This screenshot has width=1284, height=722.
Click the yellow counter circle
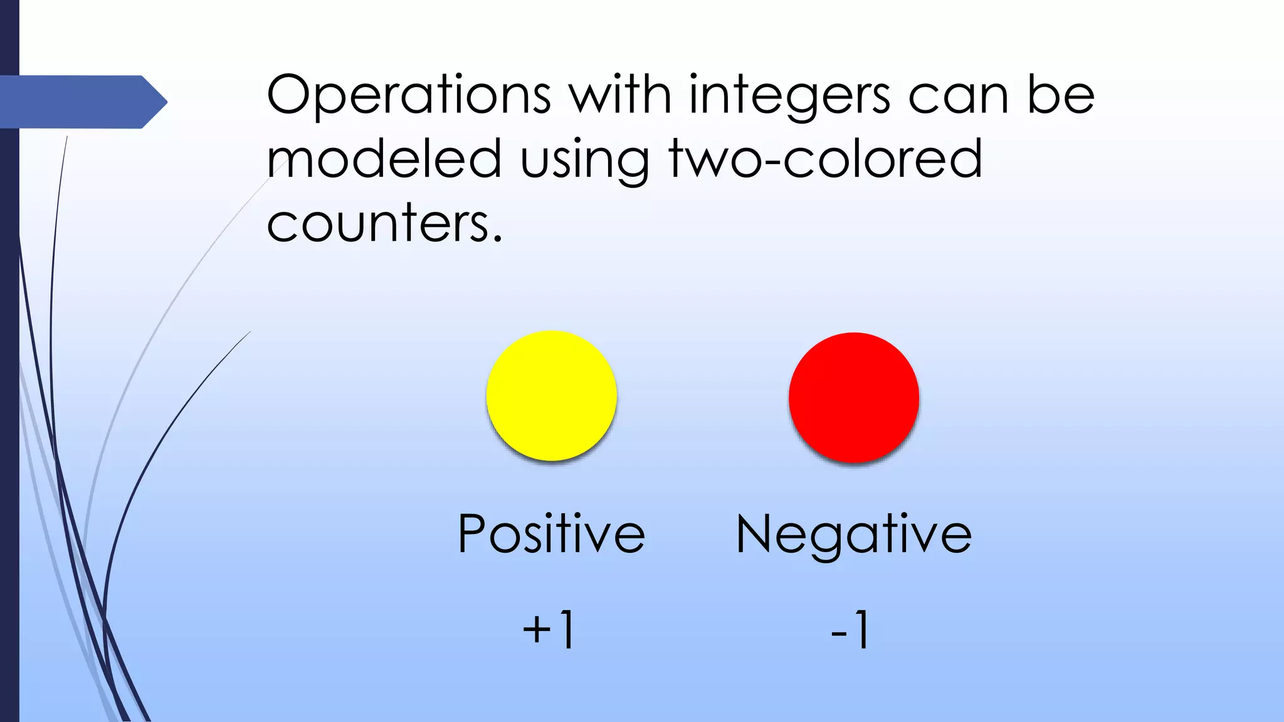[x=552, y=396]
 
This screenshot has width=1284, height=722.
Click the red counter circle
[x=854, y=397]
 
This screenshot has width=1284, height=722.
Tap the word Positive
[x=552, y=534]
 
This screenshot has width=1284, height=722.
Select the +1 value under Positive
[x=549, y=629]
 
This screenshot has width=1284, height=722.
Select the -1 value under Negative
[x=851, y=629]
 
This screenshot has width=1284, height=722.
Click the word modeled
[x=384, y=159]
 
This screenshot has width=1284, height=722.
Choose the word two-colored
[x=825, y=159]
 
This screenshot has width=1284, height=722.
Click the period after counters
[x=497, y=239]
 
